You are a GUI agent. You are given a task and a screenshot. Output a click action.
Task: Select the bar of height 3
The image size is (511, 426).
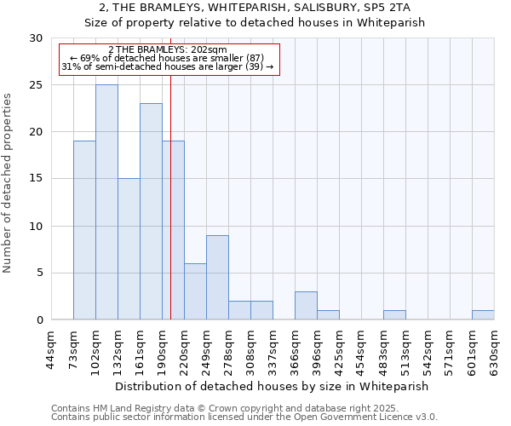[306, 305]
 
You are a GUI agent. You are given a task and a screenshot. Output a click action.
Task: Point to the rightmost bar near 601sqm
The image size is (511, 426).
[483, 315]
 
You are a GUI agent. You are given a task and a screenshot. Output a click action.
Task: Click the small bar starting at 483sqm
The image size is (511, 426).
[394, 315]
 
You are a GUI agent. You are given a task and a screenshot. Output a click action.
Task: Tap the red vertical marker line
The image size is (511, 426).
[171, 213]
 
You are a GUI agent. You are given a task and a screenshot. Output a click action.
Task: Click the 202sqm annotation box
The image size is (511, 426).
[169, 58]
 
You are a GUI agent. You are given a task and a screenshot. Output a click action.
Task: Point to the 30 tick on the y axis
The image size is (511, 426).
[35, 38]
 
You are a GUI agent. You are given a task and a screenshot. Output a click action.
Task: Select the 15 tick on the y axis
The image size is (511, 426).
[35, 179]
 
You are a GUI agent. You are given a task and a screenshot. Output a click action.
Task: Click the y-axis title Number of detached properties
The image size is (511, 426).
[8, 183]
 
